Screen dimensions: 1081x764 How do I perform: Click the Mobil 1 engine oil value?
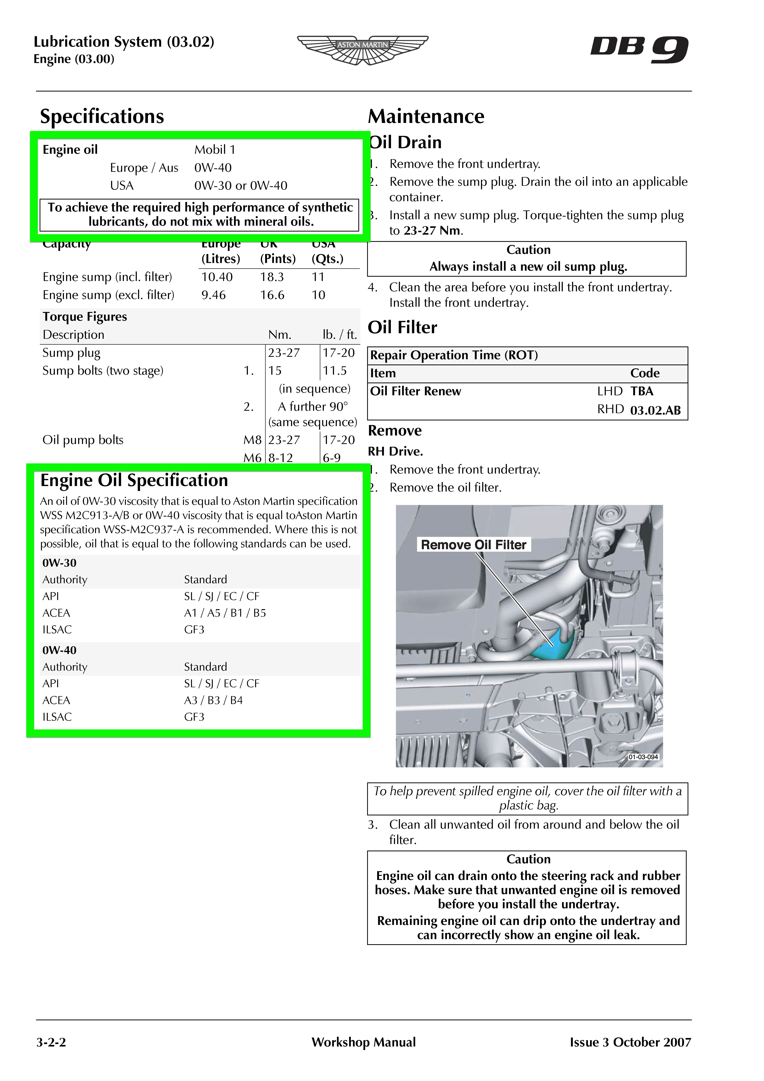[215, 150]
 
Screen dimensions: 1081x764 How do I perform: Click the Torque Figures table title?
[85, 316]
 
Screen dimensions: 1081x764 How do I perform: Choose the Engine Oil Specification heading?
[134, 480]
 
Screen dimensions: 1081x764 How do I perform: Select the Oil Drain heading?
[406, 142]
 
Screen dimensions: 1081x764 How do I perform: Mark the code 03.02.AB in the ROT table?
[655, 410]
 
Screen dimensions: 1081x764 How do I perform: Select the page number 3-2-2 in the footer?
[51, 1042]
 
